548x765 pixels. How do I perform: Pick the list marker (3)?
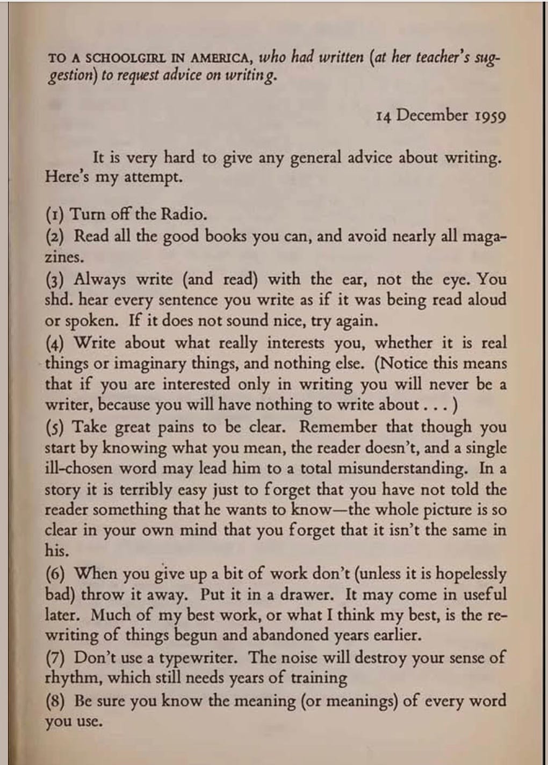tap(55, 280)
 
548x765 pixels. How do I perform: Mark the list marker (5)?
tap(55, 428)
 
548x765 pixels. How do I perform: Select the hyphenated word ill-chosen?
tap(78, 468)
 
